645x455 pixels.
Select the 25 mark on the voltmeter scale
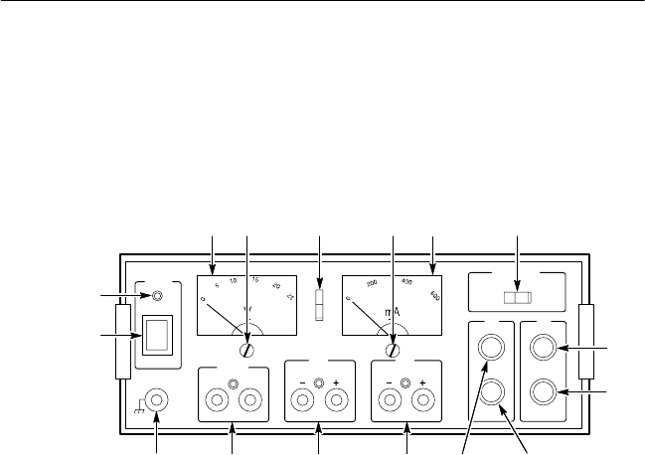(x=290, y=297)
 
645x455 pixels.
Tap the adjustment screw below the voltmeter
(x=247, y=350)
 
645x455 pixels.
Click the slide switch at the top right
(x=518, y=297)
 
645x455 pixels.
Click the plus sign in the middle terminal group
(x=336, y=383)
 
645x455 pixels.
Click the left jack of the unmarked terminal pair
(x=215, y=399)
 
